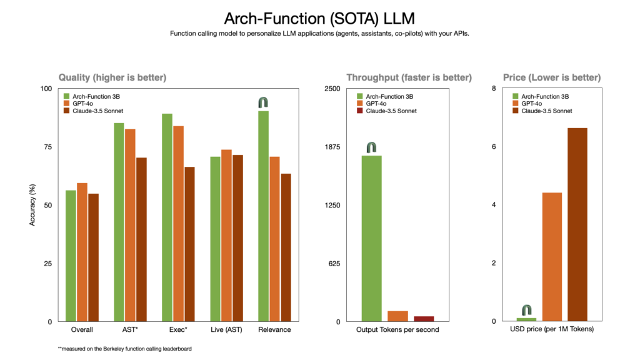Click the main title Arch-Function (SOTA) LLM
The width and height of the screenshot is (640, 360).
[x=320, y=17]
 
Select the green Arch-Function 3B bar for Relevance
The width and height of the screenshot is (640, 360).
[x=263, y=216]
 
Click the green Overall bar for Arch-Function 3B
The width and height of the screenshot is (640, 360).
[x=71, y=256]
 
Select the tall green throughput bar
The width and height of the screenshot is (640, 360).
[x=372, y=238]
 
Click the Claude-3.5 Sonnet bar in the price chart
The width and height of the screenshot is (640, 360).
[x=577, y=224]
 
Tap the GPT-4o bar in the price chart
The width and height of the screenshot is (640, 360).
[x=552, y=256]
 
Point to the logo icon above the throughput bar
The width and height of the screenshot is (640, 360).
[x=372, y=147]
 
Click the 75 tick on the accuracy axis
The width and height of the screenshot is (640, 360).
[x=47, y=147]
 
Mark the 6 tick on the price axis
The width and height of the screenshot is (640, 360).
[x=494, y=147]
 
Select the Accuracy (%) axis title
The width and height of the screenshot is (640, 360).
[x=32, y=204]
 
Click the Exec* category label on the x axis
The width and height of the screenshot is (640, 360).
[x=178, y=329]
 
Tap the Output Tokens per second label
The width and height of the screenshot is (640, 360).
[x=397, y=329]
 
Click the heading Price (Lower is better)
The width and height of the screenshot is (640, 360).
[x=552, y=77]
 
